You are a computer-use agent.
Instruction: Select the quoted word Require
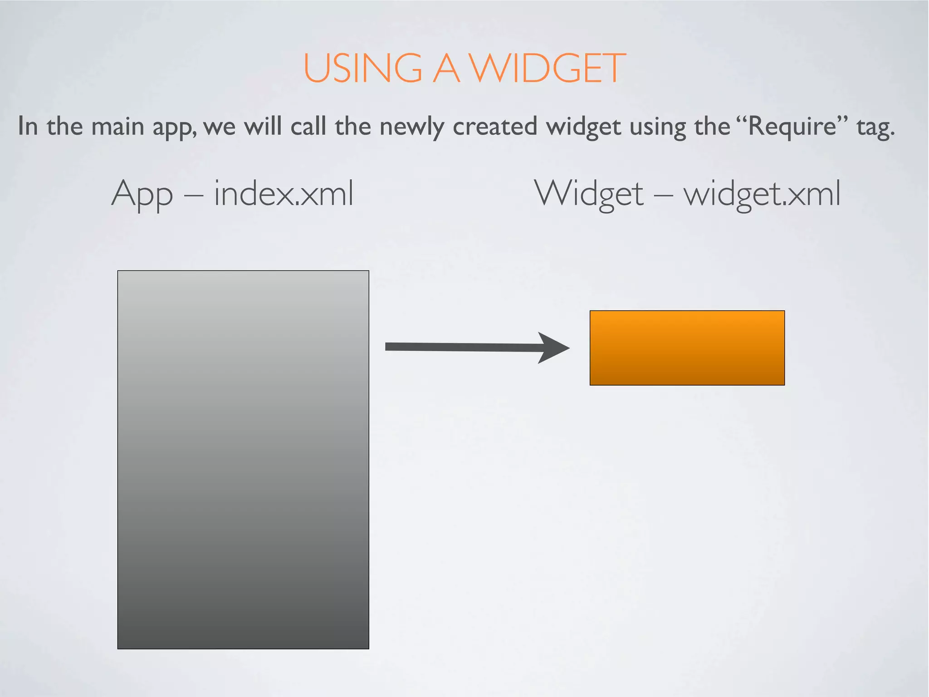[792, 126]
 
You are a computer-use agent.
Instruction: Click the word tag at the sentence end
[875, 127]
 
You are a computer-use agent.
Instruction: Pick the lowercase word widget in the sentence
[583, 127]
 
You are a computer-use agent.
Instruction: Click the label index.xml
[284, 194]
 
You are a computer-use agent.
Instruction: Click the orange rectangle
[687, 348]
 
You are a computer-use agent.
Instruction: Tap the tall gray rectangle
[243, 459]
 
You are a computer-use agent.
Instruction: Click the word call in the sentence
[308, 126]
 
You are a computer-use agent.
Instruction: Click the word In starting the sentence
[28, 126]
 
